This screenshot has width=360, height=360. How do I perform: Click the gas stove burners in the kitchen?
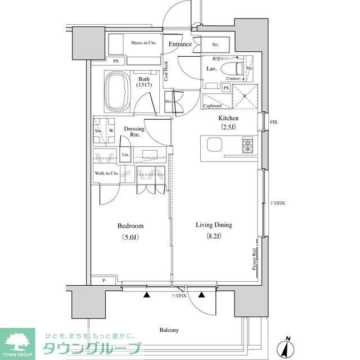click(248, 146)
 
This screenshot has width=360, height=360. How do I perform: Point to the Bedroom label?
click(128, 226)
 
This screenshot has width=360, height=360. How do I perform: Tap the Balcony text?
click(168, 330)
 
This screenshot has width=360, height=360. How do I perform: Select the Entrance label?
click(180, 44)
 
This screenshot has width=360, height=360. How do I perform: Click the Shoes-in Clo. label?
click(143, 43)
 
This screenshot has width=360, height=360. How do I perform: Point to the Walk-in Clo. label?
click(106, 173)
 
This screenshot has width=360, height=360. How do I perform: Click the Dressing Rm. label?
click(134, 132)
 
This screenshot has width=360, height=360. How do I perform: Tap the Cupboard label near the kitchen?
click(212, 105)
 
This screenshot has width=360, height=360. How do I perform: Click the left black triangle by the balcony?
click(147, 294)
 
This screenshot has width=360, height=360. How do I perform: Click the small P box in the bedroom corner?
click(104, 280)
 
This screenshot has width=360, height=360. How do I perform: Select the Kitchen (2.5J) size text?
click(228, 127)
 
